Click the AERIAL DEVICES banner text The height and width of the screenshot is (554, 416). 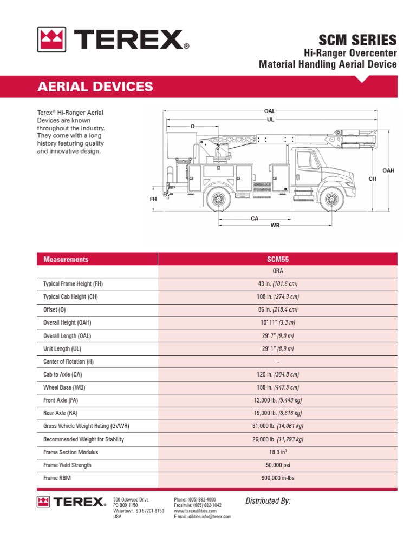pyautogui.click(x=95, y=87)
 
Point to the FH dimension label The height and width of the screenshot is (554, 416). pyautogui.click(x=153, y=199)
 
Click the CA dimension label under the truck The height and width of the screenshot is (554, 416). pyautogui.click(x=255, y=219)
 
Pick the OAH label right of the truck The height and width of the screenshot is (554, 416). pyautogui.click(x=388, y=170)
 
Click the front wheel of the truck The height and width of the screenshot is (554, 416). pyautogui.click(x=331, y=200)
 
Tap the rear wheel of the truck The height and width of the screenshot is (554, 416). pyautogui.click(x=218, y=200)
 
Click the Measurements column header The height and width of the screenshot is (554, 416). pyautogui.click(x=66, y=259)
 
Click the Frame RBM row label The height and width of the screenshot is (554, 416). pyautogui.click(x=57, y=478)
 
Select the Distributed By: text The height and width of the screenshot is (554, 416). pyautogui.click(x=268, y=501)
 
